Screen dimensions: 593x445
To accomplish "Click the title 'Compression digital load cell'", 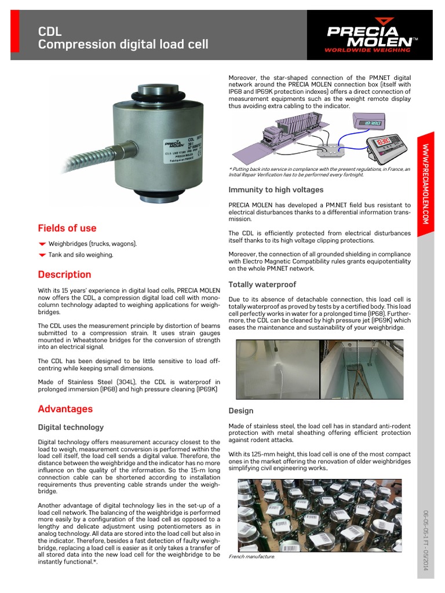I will click(123, 45).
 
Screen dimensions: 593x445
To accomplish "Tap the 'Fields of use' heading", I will click(67, 228).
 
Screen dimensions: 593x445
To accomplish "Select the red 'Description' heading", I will click(64, 274).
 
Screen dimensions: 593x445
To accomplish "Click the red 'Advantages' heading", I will click(65, 409).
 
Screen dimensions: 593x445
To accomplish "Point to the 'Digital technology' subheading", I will click(71, 427).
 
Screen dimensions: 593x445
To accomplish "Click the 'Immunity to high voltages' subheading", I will click(276, 190).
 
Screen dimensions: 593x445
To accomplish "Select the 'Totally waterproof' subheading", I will click(262, 284).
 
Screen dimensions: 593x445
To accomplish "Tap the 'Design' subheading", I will click(241, 411).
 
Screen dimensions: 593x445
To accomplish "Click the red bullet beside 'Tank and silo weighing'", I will click(42, 255).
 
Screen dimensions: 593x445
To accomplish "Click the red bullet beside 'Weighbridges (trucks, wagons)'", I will click(42, 244).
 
